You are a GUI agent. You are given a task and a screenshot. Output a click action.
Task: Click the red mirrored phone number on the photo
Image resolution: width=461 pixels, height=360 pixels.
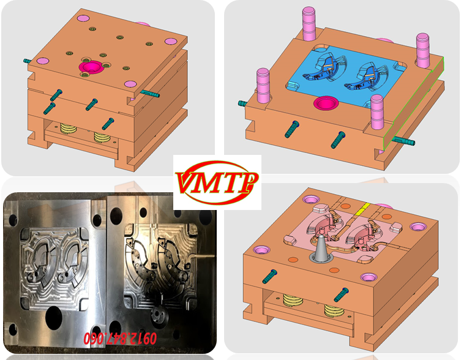coord(120,338)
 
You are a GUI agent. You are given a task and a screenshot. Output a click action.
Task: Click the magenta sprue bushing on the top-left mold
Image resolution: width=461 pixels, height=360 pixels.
coord(91,67)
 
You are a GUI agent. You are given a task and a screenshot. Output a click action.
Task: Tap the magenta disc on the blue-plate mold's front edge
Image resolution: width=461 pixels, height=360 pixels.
coord(326,103)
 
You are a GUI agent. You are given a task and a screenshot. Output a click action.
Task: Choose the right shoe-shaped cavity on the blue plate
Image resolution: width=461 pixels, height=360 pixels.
coord(366,77)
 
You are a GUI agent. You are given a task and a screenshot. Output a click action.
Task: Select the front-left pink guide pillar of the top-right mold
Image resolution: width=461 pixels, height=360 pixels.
coord(263,85)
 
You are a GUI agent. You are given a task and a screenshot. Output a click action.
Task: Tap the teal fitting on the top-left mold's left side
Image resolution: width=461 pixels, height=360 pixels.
coord(28,61)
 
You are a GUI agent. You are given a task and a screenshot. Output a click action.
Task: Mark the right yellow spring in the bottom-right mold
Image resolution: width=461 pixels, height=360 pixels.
coord(334,310)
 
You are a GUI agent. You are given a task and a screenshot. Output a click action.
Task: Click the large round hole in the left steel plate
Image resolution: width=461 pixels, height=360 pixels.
coord(54,318)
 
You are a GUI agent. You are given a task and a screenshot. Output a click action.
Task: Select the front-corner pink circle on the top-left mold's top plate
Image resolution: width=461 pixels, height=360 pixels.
coord(130,84)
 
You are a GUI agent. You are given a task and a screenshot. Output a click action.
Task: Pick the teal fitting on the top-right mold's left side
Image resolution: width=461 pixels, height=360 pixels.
coord(242,103)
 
